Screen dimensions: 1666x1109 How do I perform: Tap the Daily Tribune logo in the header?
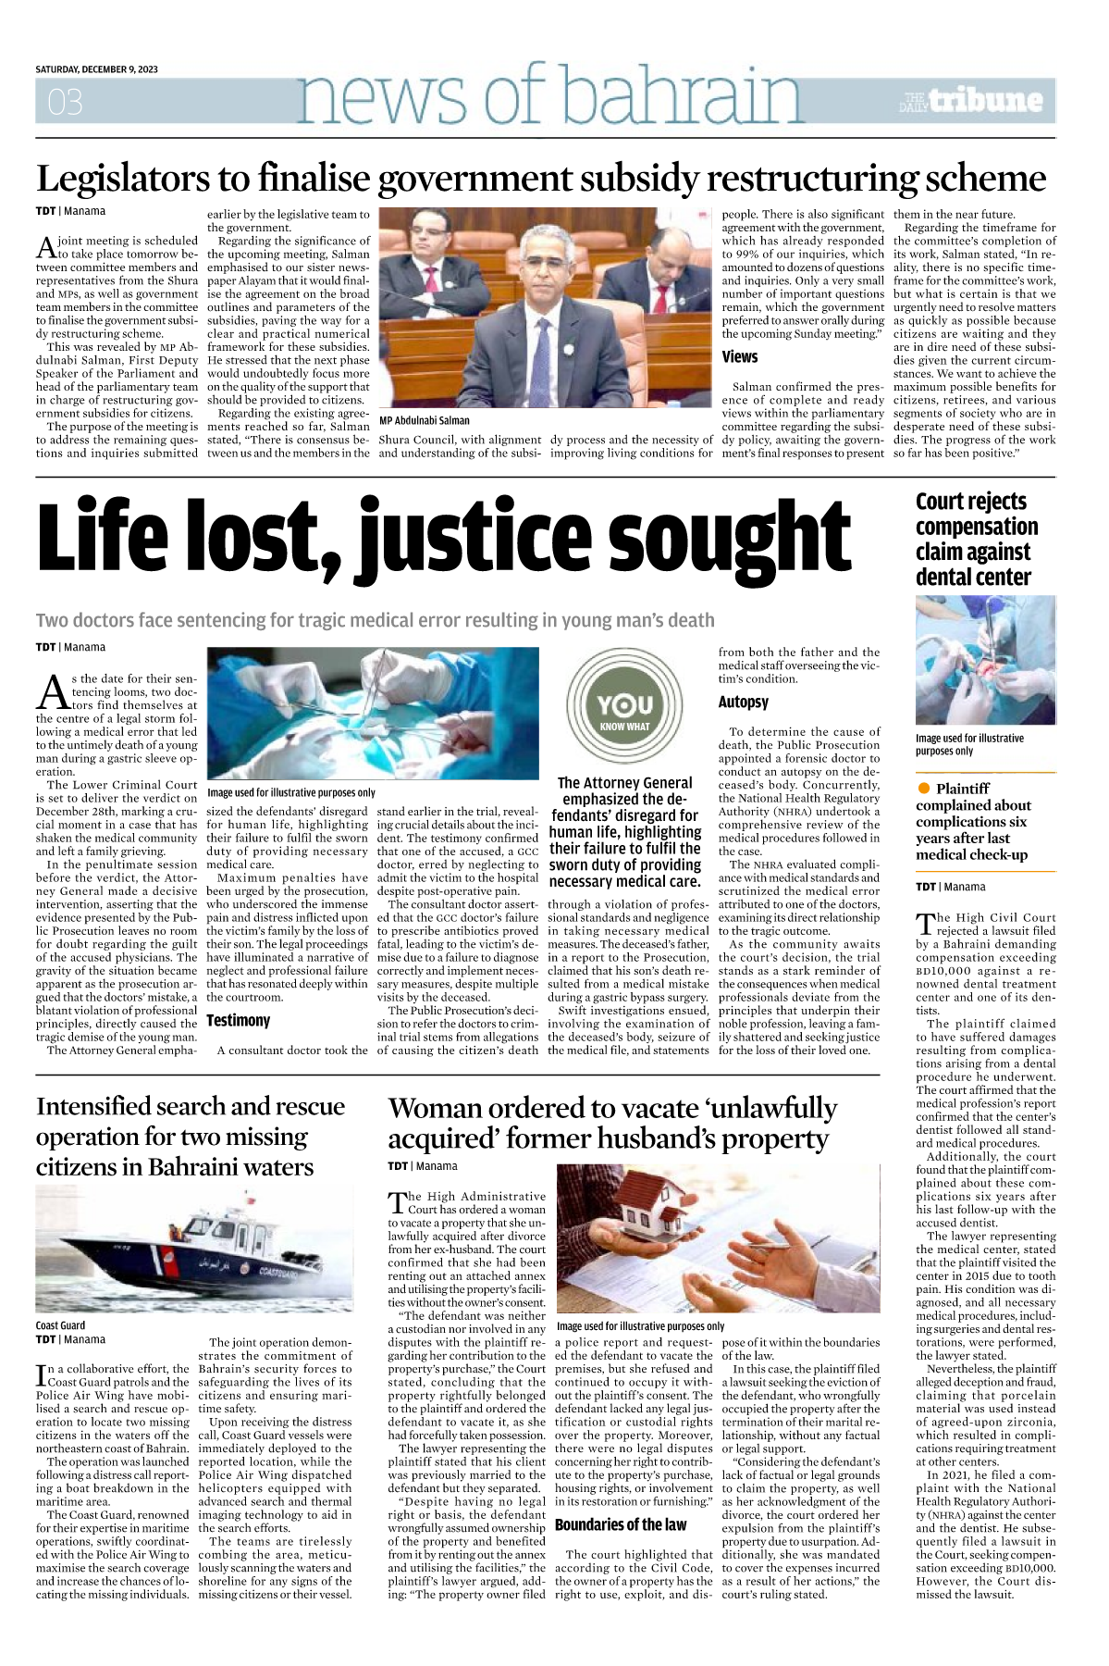pos(972,100)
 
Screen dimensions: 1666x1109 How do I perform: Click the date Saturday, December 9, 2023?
pos(96,69)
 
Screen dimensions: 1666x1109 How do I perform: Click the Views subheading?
pos(739,357)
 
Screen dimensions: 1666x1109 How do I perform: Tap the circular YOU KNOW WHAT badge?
pos(624,709)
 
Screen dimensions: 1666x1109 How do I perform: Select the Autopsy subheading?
pos(743,702)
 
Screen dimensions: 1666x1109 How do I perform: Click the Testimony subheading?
pos(238,1020)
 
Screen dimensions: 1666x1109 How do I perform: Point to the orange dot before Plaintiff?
pos(923,788)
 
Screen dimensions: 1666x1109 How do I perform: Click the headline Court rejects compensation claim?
pos(976,539)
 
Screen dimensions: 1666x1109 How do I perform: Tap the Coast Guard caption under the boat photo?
pos(60,1325)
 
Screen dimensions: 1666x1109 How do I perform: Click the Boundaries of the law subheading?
pos(621,1524)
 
